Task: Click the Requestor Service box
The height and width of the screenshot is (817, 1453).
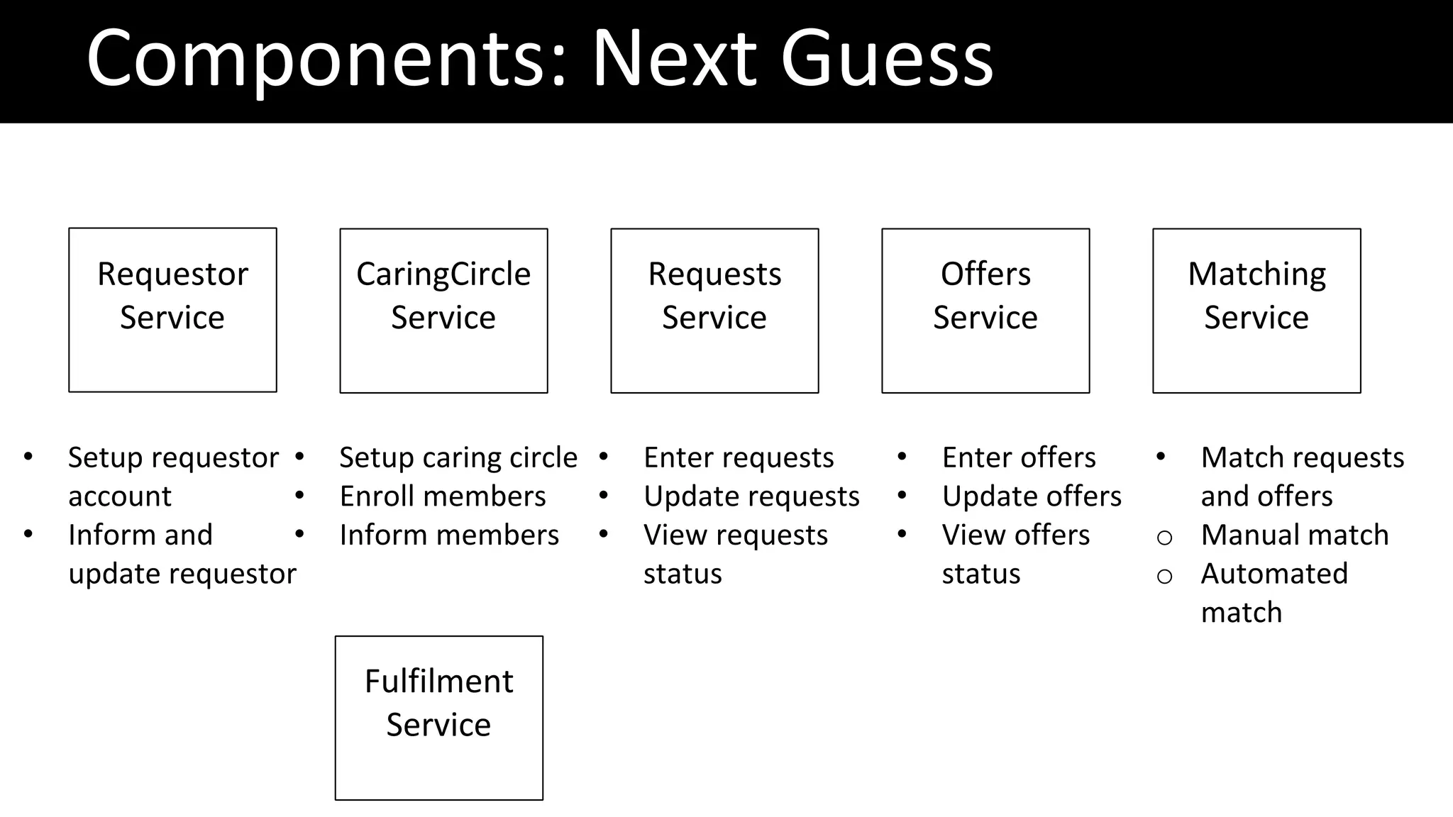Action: click(172, 310)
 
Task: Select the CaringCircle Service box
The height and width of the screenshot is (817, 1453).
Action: click(443, 311)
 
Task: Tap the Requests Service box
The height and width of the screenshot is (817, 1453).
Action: click(714, 311)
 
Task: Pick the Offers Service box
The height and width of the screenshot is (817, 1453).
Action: click(985, 311)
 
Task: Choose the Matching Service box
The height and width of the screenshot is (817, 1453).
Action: click(1256, 311)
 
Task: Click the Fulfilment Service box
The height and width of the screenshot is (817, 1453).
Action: click(438, 718)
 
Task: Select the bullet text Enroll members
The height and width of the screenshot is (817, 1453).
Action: click(443, 496)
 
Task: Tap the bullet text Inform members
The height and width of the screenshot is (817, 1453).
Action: click(449, 535)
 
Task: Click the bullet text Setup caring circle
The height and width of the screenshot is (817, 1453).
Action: click(458, 457)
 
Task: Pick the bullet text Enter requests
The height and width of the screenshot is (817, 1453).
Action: click(739, 457)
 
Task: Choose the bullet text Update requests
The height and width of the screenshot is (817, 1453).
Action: click(751, 496)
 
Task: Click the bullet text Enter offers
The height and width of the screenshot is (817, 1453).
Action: click(1019, 457)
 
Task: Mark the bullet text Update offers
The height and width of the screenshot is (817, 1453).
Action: click(1032, 496)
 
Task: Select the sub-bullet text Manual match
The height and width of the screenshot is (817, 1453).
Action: click(1294, 535)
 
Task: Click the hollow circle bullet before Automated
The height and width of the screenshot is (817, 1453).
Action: click(1164, 576)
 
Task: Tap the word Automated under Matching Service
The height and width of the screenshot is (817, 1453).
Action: click(1274, 573)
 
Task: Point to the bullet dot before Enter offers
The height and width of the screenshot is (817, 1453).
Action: click(902, 457)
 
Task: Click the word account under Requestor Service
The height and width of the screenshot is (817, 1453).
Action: click(119, 496)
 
